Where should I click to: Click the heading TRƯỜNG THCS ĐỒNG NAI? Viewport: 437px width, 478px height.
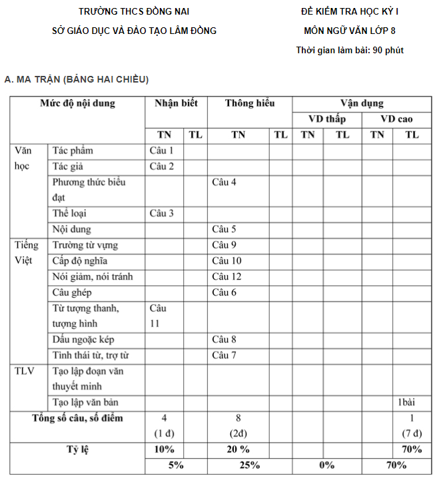tap(134, 12)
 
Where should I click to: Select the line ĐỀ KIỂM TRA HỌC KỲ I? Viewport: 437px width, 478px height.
tap(350, 12)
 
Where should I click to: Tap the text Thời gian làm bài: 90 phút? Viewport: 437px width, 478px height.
tap(350, 50)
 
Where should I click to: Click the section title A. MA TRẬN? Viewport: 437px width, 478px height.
tap(77, 79)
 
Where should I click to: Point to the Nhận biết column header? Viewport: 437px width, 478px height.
tap(176, 103)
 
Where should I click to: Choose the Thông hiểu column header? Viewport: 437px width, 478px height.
tap(249, 103)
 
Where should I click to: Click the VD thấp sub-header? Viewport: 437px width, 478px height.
tap(326, 119)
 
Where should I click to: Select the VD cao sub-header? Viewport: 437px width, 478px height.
tap(396, 119)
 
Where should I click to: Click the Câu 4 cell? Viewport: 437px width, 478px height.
tap(224, 182)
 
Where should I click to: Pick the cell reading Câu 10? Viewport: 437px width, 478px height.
tap(226, 260)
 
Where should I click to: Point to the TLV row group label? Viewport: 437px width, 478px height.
tap(25, 371)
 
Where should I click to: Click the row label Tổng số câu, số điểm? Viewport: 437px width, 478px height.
tap(77, 418)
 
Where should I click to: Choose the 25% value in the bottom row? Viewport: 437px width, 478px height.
tap(249, 465)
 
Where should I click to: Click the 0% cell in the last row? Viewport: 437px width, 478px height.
tap(326, 465)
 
